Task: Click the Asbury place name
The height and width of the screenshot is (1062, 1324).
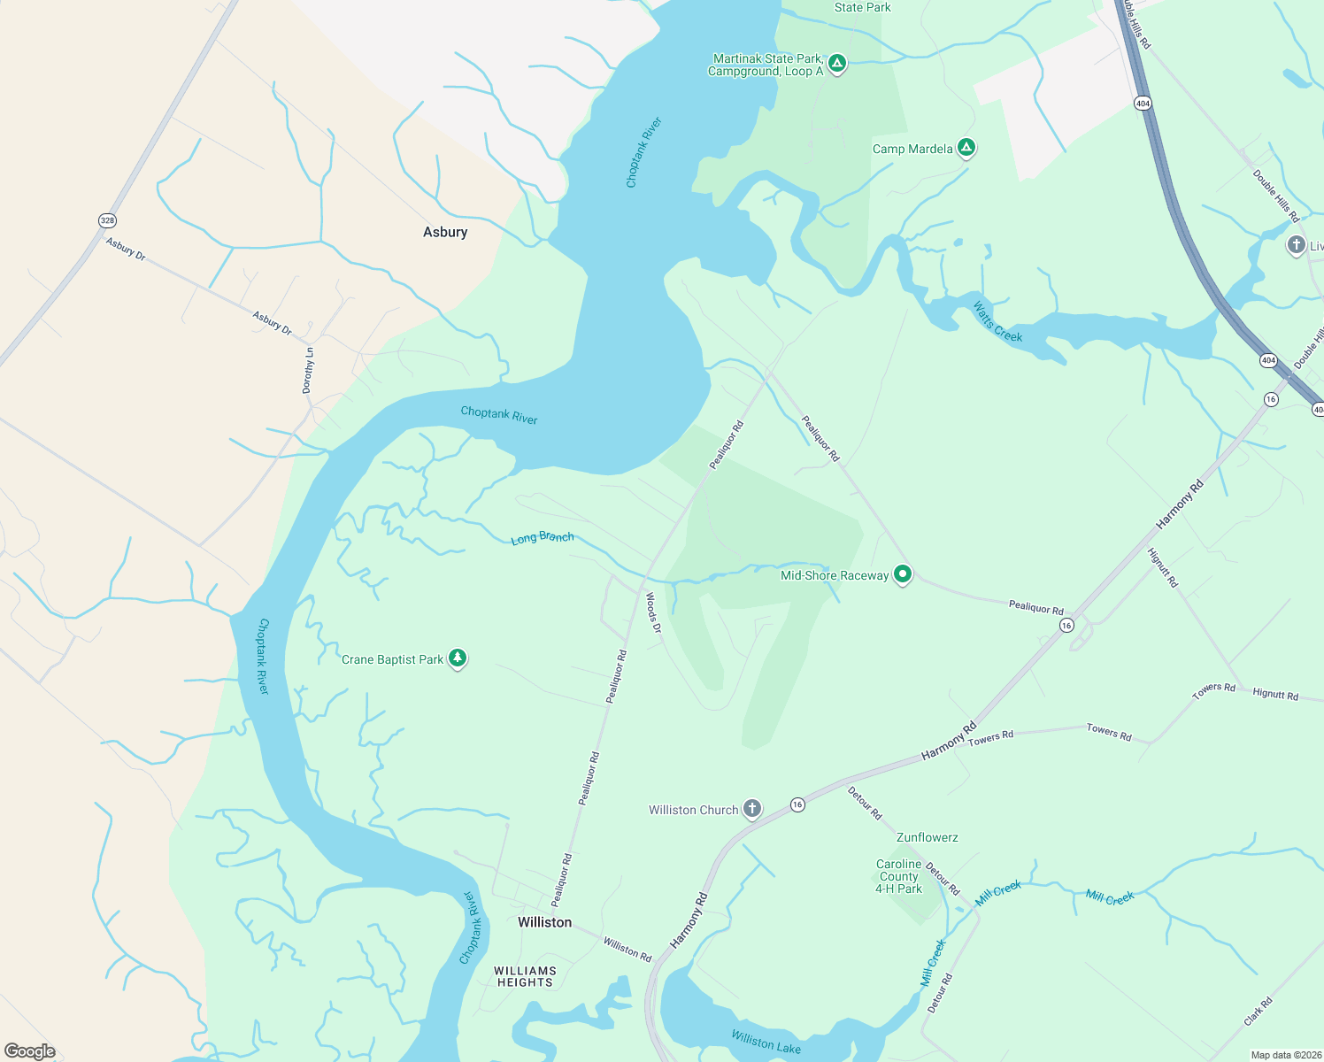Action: click(x=444, y=232)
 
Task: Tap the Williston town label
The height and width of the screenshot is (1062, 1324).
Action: click(x=544, y=922)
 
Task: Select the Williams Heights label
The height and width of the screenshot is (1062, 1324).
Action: click(x=525, y=976)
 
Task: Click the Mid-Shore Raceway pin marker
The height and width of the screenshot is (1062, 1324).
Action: click(x=903, y=574)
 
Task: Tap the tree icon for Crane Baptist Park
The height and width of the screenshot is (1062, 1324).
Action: click(x=458, y=658)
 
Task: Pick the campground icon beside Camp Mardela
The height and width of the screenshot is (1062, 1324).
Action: click(x=966, y=148)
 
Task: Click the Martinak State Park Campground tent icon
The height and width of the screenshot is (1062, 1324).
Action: click(x=837, y=64)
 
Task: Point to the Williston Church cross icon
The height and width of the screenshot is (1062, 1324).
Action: click(x=752, y=809)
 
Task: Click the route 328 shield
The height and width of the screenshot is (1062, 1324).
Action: click(x=107, y=220)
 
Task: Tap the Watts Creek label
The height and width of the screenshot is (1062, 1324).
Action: click(x=997, y=322)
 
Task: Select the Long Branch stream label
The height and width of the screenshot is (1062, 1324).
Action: click(x=543, y=537)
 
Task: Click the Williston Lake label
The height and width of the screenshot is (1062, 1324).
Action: click(x=766, y=1043)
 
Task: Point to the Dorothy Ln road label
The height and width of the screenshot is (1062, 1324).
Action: click(x=308, y=370)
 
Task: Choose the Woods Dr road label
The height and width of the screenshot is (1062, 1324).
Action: click(x=653, y=612)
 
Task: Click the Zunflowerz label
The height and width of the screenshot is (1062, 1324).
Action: click(x=927, y=837)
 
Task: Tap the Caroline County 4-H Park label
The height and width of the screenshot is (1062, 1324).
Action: click(x=898, y=876)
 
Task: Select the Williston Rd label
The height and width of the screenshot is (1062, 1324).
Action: click(x=627, y=950)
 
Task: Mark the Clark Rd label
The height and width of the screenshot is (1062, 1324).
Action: click(x=1258, y=1012)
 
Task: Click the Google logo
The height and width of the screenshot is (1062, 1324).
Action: click(x=30, y=1051)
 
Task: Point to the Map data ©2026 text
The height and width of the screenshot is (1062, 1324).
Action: click(x=1282, y=1055)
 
